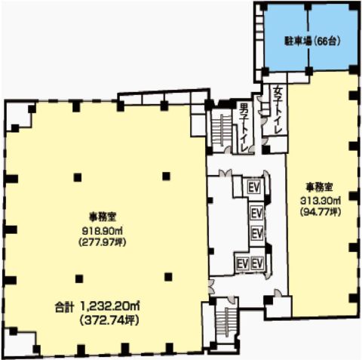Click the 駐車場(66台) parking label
pyautogui.click(x=310, y=39)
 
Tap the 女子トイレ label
pyautogui.click(x=278, y=111)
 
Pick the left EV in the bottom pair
pyautogui.click(x=243, y=263)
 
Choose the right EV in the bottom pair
pyautogui.click(x=257, y=263)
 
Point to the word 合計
pyautogui.click(x=65, y=307)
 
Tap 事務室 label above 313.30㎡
pyautogui.click(x=321, y=186)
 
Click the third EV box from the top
pyautogui.click(x=255, y=231)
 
